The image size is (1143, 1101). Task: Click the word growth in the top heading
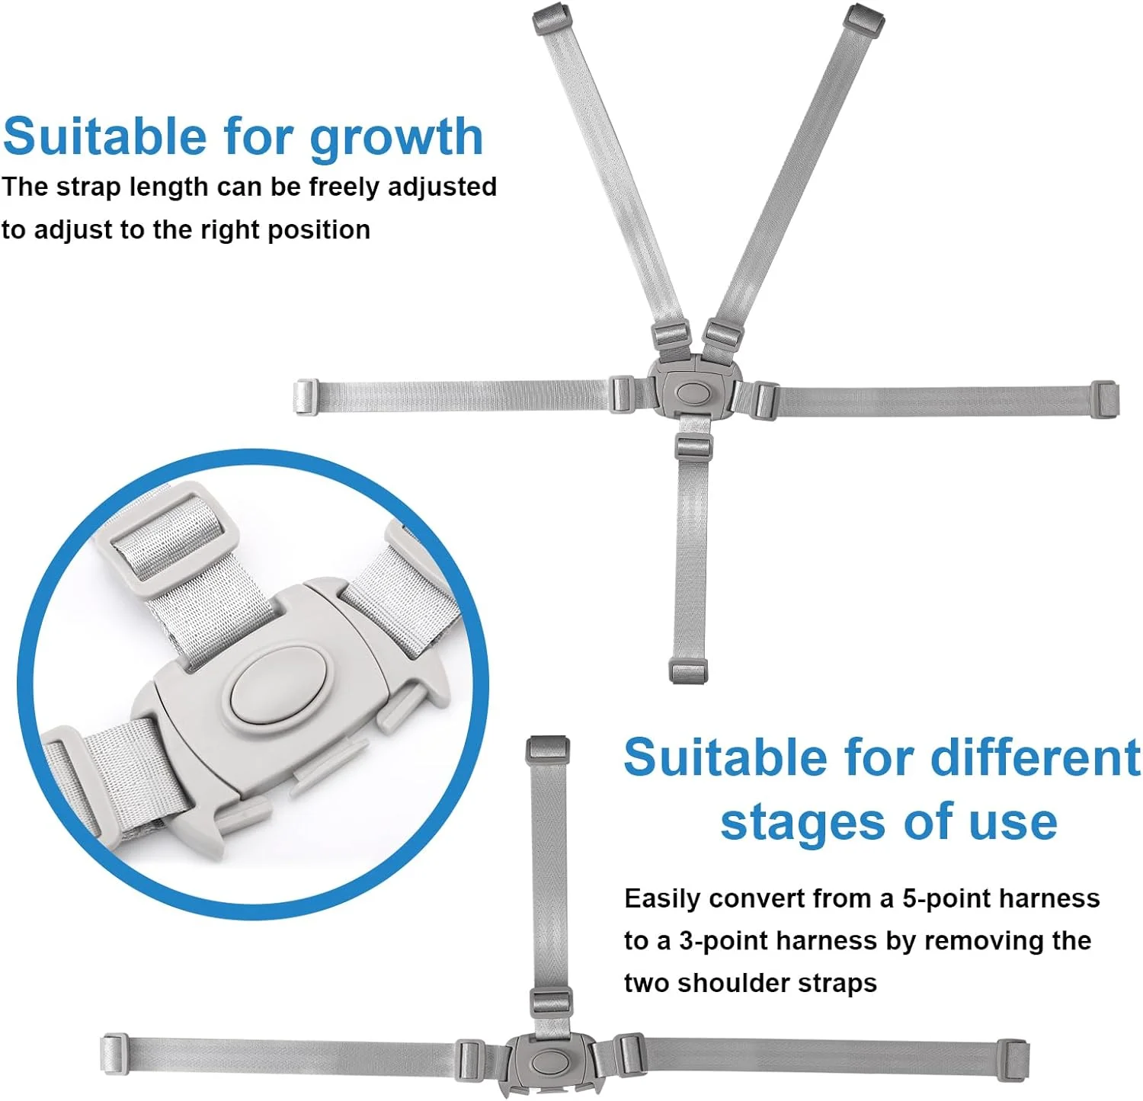coord(396,139)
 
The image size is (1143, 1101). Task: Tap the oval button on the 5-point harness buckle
coord(693,393)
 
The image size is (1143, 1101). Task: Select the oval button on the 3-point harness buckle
coord(549,1060)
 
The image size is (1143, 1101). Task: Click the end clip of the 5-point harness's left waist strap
coord(306,397)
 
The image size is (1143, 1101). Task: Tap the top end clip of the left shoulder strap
coord(551,16)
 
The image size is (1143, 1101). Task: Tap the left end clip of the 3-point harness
coord(114,1054)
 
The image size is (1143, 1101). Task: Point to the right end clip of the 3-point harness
coord(1013,1058)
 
